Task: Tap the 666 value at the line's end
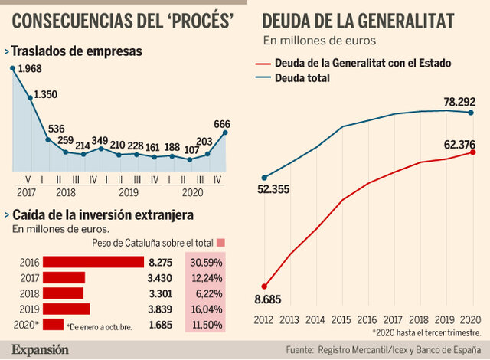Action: click(x=222, y=124)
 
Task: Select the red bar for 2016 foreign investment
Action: click(x=93, y=262)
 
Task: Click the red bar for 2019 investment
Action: click(x=66, y=309)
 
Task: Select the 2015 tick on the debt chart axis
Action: click(x=342, y=320)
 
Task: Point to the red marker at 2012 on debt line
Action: click(x=264, y=286)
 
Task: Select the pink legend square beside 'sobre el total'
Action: click(x=221, y=244)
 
